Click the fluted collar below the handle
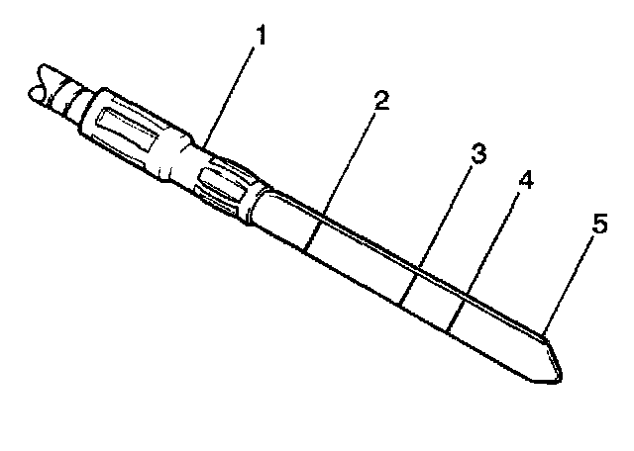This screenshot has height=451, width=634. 226,187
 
